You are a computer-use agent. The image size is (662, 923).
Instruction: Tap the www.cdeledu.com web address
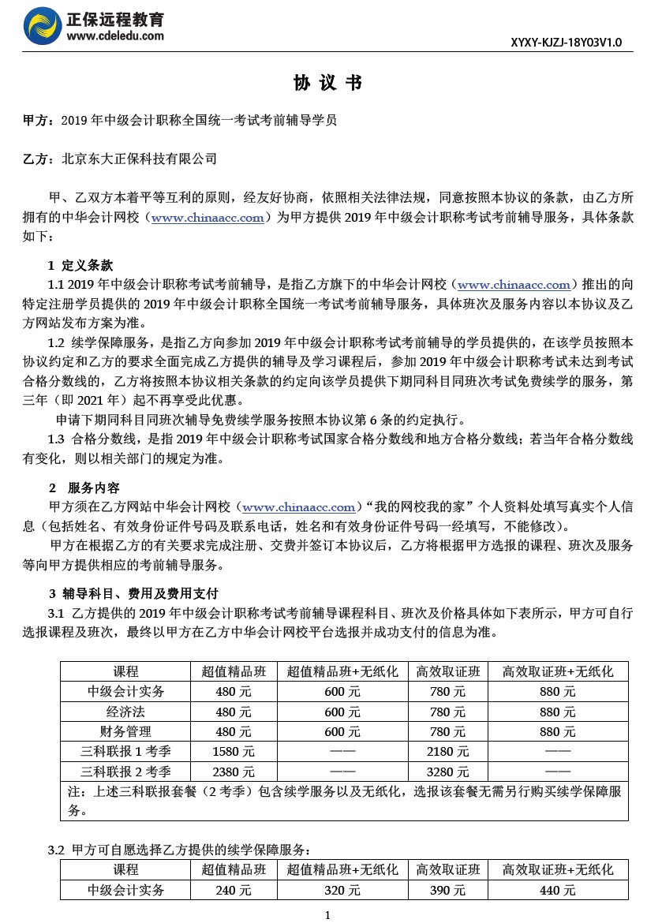[x=115, y=36]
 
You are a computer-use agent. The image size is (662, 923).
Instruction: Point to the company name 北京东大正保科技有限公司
[x=139, y=159]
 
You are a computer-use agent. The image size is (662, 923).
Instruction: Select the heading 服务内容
[x=94, y=488]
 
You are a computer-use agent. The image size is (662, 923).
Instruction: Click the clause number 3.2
[x=56, y=850]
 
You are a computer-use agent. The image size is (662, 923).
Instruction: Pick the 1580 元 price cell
[x=234, y=751]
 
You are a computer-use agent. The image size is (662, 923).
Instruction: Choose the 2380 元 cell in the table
[x=234, y=772]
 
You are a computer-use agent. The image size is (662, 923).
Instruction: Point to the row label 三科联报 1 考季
[x=125, y=751]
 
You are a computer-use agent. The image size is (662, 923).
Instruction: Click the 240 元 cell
[x=234, y=890]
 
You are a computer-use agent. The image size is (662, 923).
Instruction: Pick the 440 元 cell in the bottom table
[x=558, y=890]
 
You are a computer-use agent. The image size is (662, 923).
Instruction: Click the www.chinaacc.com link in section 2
[x=299, y=507]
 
